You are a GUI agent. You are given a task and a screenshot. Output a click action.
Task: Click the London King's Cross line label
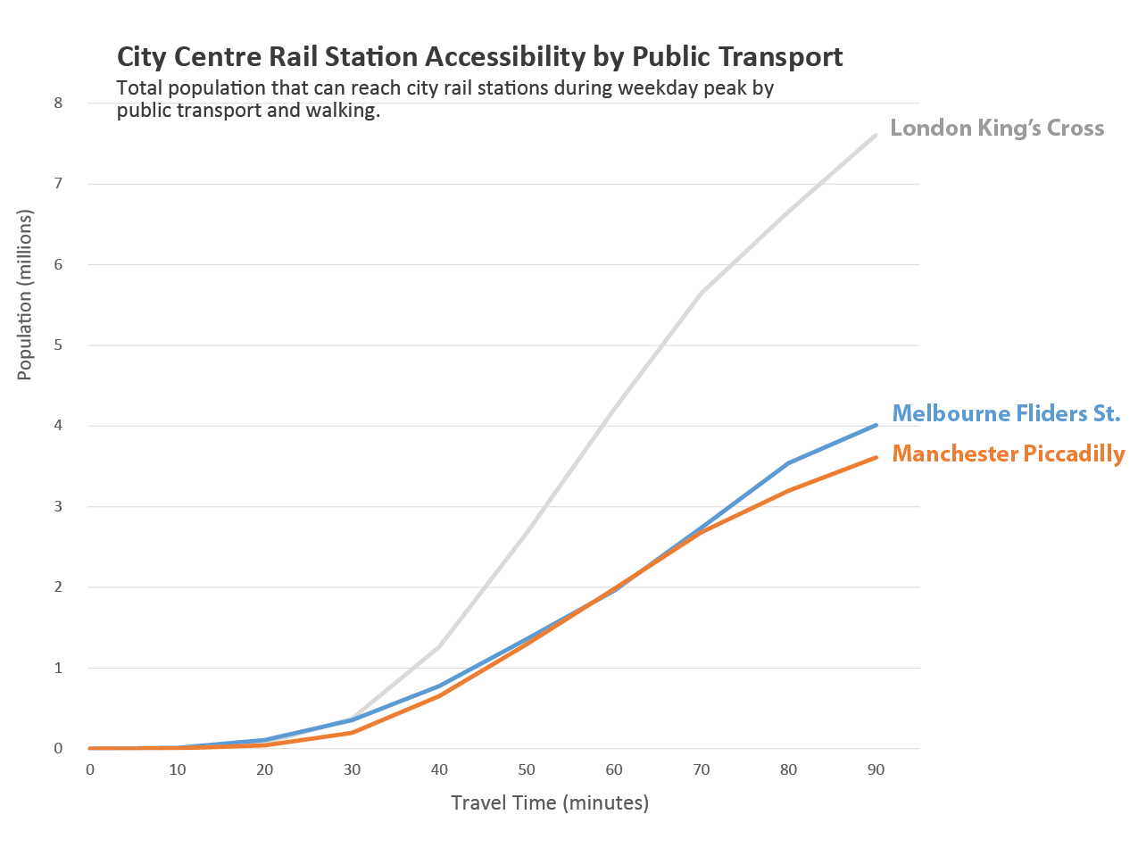click(997, 129)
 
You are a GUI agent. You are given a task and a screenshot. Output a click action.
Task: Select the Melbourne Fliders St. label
click(1006, 413)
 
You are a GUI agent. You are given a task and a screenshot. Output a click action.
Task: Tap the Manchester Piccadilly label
click(1009, 453)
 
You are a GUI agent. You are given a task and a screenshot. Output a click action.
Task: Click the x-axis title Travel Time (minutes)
click(550, 802)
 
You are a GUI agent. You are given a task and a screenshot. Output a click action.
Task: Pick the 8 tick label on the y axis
click(58, 103)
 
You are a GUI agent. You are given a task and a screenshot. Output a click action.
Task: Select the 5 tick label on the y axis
click(58, 345)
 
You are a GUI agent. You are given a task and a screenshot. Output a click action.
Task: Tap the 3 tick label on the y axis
click(58, 507)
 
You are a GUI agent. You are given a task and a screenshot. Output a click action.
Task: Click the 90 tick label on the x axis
click(876, 769)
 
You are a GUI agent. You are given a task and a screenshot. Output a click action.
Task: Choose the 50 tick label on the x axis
click(527, 769)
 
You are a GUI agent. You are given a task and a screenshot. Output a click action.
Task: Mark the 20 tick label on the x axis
click(264, 769)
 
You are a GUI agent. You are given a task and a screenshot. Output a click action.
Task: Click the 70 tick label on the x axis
click(702, 769)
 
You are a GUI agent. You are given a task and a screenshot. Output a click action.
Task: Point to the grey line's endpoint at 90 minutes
click(876, 135)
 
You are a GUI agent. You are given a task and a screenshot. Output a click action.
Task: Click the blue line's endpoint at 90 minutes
click(876, 425)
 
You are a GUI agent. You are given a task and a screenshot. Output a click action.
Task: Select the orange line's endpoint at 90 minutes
click(876, 458)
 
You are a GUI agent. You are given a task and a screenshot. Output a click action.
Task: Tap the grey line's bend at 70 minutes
click(702, 293)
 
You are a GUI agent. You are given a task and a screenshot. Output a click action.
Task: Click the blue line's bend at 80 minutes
click(788, 462)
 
